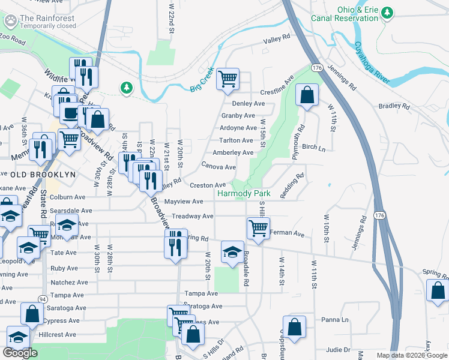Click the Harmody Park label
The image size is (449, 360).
(244, 194)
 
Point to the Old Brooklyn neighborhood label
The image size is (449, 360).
(43, 174)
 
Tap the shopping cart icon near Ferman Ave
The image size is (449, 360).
(258, 229)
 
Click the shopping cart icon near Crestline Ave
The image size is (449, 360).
(228, 79)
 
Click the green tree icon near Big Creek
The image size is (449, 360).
(126, 88)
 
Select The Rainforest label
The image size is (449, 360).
(48, 19)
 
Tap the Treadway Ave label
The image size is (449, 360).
(193, 216)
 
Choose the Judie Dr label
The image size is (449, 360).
(339, 349)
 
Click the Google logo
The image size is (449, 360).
(20, 353)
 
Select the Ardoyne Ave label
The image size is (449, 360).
(238, 128)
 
